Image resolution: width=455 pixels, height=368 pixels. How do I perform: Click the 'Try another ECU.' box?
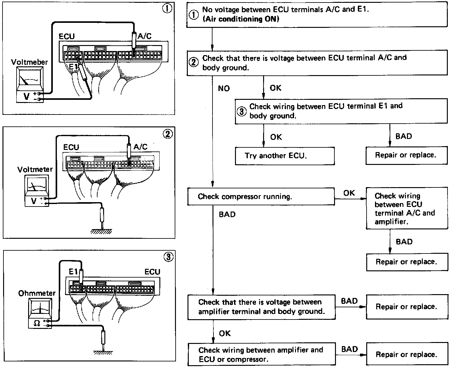(285, 156)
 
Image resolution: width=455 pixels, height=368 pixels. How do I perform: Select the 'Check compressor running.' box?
(261, 197)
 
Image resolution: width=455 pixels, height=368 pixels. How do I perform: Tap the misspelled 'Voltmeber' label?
(29, 62)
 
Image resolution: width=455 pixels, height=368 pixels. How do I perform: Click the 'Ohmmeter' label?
(37, 293)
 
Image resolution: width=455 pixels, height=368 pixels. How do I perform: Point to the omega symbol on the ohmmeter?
(37, 323)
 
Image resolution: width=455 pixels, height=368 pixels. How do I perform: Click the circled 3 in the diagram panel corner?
(168, 257)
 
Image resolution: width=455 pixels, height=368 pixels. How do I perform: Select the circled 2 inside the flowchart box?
(193, 63)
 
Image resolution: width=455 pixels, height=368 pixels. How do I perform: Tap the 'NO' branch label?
(224, 88)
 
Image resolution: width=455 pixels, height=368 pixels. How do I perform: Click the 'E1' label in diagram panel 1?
(73, 67)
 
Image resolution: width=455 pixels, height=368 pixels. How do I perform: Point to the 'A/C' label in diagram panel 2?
(140, 147)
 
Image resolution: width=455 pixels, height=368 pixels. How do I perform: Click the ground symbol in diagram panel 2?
(101, 232)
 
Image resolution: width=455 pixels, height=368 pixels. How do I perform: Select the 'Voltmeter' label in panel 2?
(35, 170)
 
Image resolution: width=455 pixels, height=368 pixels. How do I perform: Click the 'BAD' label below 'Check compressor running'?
(227, 214)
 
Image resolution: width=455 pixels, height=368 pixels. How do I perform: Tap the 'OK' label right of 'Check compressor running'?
(349, 193)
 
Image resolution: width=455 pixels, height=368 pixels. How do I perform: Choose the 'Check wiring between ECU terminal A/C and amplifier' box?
(407, 208)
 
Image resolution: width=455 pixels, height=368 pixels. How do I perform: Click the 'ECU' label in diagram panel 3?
(152, 272)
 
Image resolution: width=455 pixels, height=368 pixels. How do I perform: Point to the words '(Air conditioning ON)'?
(241, 19)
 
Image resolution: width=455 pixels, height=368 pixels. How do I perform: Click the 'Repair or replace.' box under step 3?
(407, 155)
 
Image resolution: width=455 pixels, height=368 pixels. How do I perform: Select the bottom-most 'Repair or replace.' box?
(407, 354)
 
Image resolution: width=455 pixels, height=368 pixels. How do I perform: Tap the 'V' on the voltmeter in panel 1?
(27, 96)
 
